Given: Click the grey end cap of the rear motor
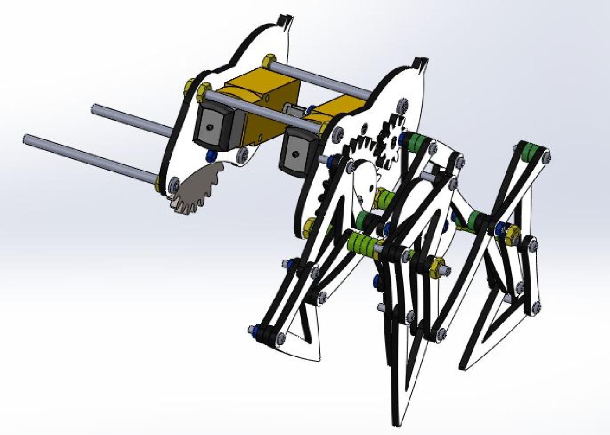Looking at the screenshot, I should [x=208, y=125].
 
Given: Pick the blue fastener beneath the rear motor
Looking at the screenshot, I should [x=209, y=154].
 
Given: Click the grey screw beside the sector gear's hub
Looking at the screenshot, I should [x=174, y=182].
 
